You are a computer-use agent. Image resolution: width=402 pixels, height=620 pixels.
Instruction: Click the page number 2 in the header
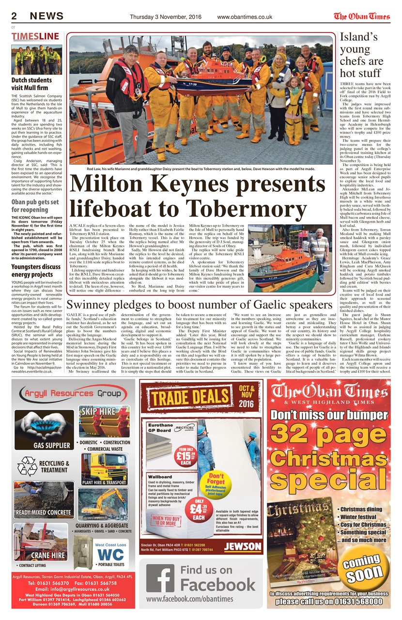tap(15, 16)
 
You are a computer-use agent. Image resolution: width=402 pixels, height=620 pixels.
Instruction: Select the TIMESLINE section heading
tap(35, 36)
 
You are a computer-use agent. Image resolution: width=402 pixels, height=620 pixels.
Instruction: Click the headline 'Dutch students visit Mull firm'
tap(31, 84)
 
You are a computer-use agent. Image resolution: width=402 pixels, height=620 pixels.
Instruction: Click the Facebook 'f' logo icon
tap(160, 579)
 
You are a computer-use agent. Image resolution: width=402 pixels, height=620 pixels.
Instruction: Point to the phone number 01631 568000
tap(356, 602)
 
